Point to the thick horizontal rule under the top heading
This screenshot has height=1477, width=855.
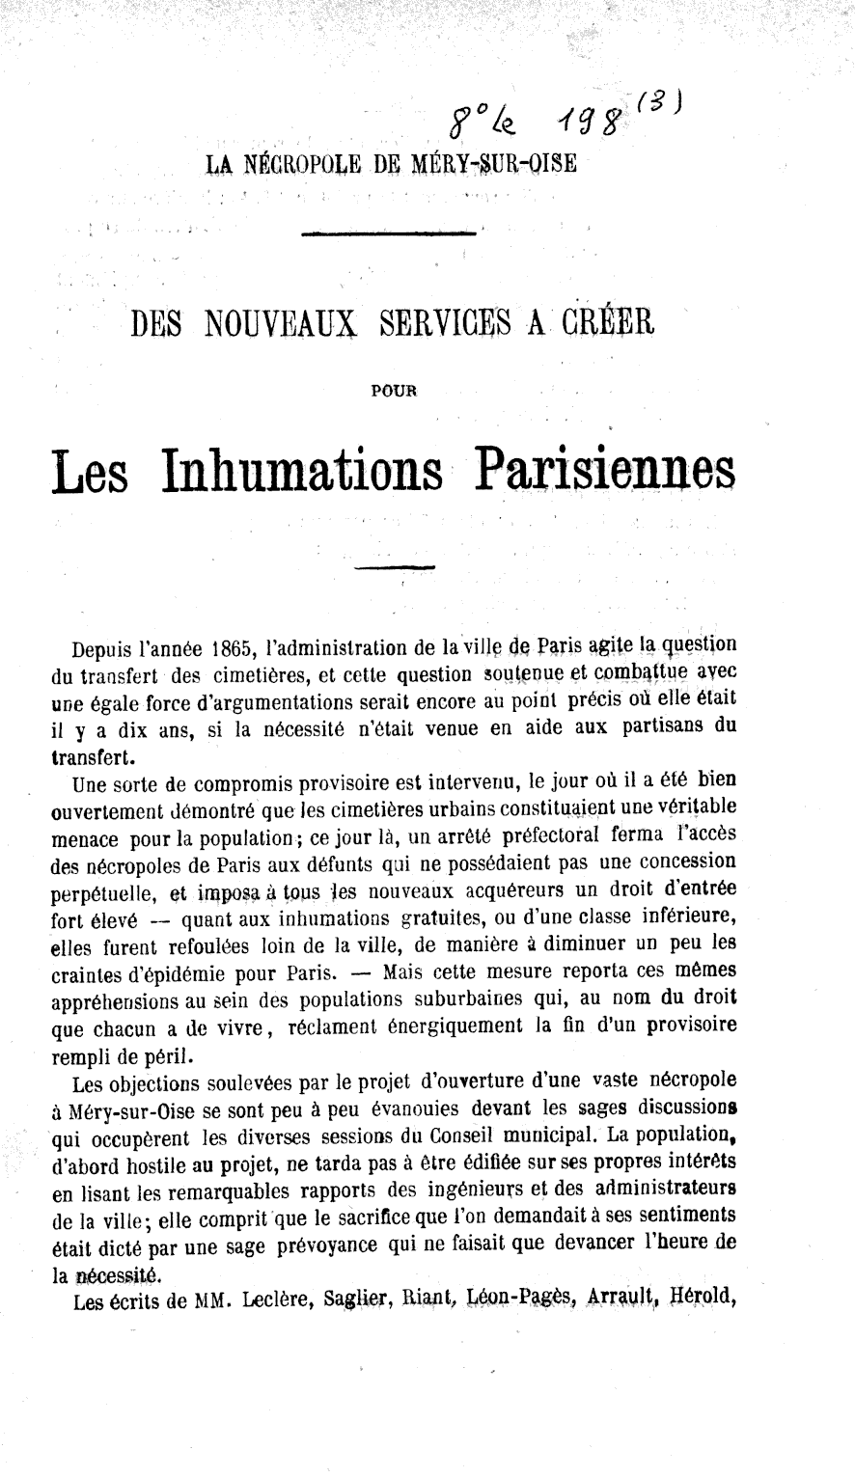coord(389,233)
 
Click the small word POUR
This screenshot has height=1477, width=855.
coord(390,391)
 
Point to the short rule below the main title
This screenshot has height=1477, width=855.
coord(395,566)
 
